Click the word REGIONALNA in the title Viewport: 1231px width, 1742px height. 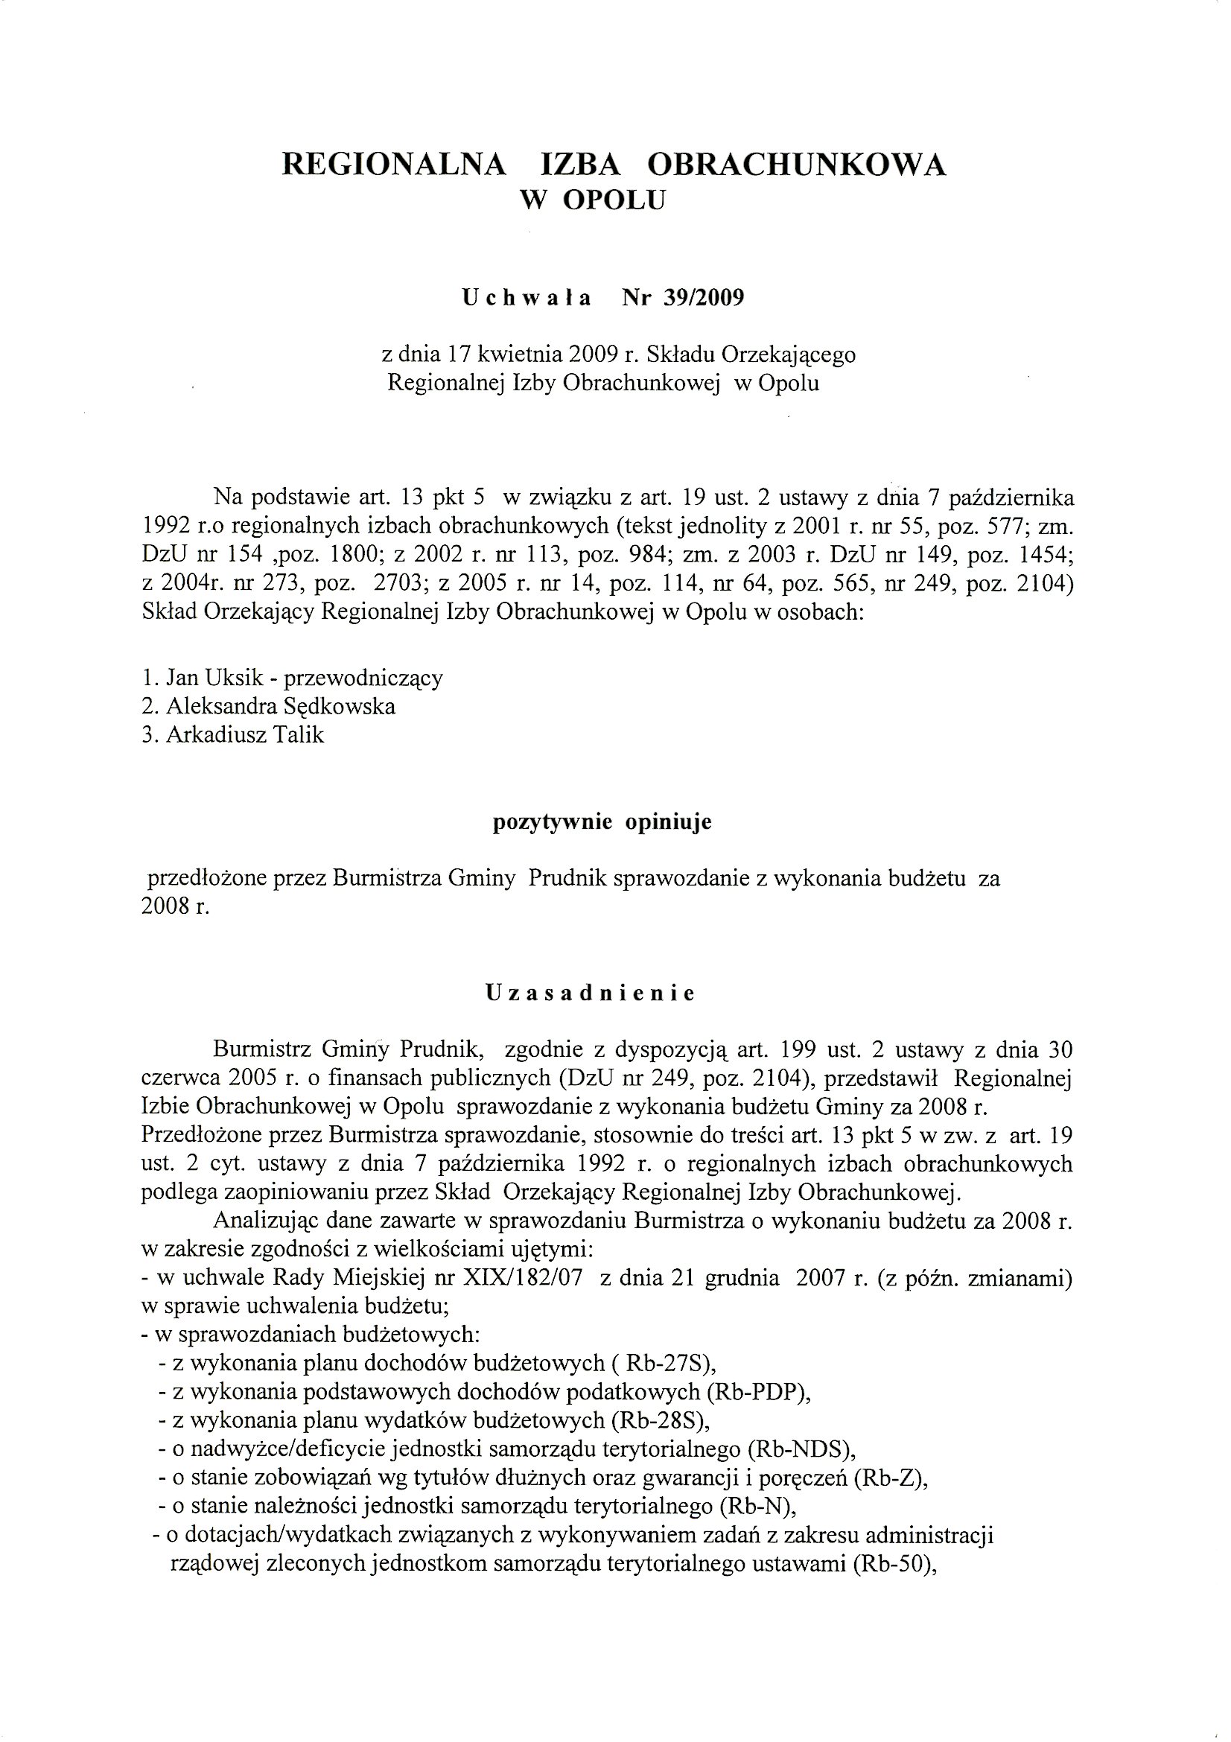(394, 165)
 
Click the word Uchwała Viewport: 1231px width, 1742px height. (527, 298)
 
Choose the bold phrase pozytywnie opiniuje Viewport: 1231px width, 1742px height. (602, 822)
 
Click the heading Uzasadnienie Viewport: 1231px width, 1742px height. (590, 994)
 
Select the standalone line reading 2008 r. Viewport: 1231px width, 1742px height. (174, 907)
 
